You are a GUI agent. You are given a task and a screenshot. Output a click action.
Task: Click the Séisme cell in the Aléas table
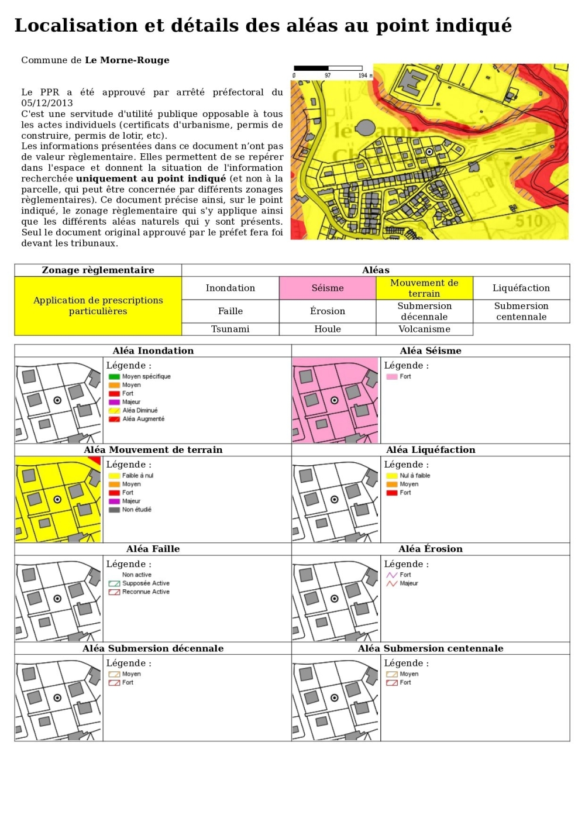(328, 288)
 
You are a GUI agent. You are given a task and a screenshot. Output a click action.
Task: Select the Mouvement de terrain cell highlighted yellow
(424, 288)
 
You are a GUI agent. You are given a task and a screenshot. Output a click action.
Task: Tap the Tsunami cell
(230, 329)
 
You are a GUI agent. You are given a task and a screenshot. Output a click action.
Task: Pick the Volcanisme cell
(424, 329)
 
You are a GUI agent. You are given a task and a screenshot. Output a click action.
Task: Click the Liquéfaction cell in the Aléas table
(521, 288)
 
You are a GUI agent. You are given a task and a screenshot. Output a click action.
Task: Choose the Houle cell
(328, 329)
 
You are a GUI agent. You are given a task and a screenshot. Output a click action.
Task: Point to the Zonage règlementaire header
(98, 270)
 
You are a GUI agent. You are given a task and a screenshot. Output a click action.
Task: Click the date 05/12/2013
(47, 103)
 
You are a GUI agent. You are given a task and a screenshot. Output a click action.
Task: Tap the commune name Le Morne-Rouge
(127, 60)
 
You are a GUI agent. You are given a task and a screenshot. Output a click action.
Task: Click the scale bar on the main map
(328, 68)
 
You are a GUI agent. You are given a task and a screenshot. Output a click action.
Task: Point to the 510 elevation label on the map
(528, 221)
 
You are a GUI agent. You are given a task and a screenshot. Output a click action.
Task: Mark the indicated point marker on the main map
(429, 152)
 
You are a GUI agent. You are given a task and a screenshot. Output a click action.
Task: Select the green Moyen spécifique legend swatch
(114, 376)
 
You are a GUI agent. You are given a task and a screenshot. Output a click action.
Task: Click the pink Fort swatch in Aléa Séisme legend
(391, 376)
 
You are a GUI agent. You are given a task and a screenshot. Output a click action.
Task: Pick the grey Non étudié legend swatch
(114, 510)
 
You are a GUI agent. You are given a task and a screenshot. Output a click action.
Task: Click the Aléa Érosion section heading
(431, 549)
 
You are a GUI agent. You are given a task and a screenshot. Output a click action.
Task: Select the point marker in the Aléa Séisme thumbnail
(335, 400)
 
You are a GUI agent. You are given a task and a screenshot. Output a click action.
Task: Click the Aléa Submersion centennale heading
(431, 648)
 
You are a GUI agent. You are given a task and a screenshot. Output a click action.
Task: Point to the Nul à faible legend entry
(414, 476)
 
